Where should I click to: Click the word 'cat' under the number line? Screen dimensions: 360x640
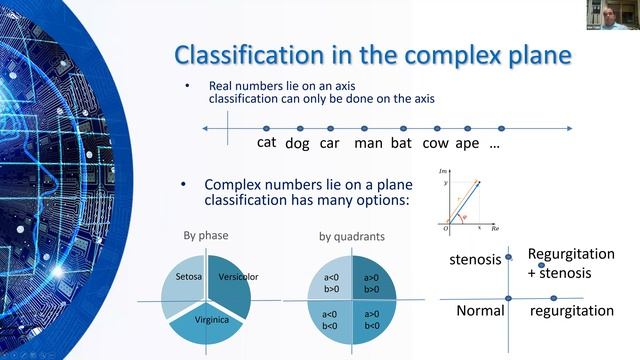[266, 142]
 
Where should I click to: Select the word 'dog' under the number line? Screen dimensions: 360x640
[297, 143]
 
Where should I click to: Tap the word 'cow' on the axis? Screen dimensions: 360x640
[436, 142]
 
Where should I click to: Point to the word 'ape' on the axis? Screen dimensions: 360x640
[467, 143]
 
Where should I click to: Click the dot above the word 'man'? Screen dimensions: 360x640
[369, 128]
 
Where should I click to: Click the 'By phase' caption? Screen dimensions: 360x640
[202, 237]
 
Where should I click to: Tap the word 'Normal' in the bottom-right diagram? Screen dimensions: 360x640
[479, 311]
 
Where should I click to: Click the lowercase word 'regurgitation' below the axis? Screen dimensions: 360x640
[571, 311]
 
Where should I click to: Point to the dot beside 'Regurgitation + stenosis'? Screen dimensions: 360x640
[541, 265]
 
